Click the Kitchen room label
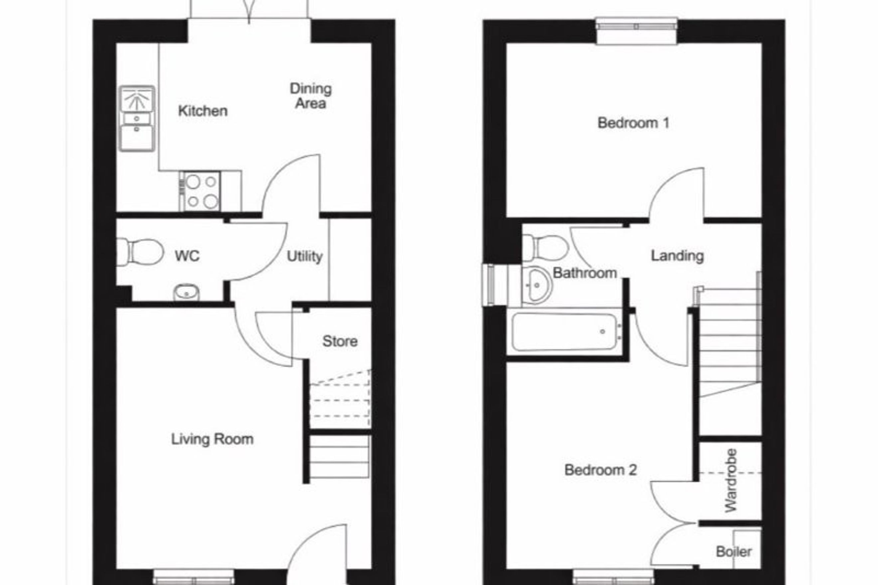[x=203, y=111]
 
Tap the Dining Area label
[x=311, y=96]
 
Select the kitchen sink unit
[x=137, y=119]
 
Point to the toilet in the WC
[x=140, y=252]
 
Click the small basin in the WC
[x=186, y=293]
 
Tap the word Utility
[x=304, y=257]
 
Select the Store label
[x=340, y=341]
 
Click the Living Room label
[x=212, y=439]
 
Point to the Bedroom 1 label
[x=633, y=123]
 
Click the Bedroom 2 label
[x=601, y=470]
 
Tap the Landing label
[x=677, y=256]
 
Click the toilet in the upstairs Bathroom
[x=545, y=248]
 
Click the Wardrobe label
[x=731, y=481]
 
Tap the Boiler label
[x=734, y=552]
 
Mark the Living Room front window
[x=194, y=577]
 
